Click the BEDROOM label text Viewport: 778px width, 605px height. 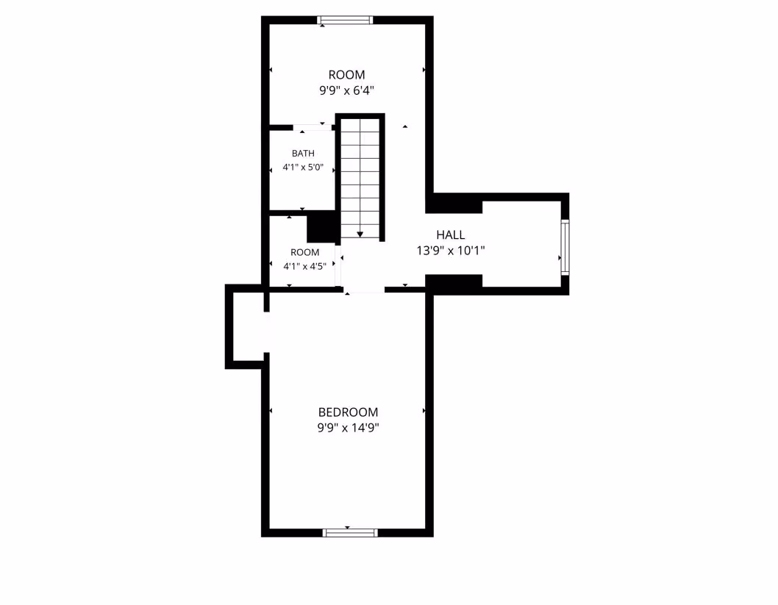coord(348,412)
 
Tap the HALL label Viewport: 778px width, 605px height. coord(451,235)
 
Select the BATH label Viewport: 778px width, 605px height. coord(303,153)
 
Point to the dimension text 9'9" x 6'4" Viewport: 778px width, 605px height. coord(346,90)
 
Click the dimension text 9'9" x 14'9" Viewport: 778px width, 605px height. coord(349,427)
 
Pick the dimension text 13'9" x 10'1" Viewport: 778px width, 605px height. coord(451,251)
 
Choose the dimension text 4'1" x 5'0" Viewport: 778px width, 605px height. coord(303,167)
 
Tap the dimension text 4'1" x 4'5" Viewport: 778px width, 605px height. coord(304,266)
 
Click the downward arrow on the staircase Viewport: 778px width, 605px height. coord(360,234)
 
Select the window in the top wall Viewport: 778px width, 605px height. coord(345,20)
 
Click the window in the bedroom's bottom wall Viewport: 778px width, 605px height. coord(350,533)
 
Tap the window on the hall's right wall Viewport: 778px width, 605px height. coord(565,246)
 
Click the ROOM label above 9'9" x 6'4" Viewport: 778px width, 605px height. coord(346,75)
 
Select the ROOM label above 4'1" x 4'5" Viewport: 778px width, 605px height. coord(304,252)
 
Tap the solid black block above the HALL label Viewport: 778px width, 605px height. coord(454,204)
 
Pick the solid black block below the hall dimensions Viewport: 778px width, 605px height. coord(454,284)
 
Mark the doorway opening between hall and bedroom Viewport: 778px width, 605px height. coord(364,290)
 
